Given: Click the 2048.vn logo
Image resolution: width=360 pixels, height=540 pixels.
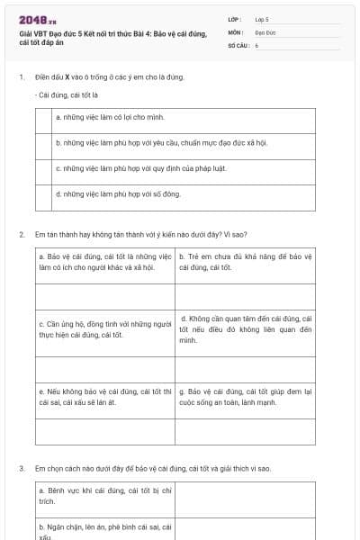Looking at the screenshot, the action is [37, 20].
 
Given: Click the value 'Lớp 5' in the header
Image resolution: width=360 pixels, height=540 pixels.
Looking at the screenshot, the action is [262, 19].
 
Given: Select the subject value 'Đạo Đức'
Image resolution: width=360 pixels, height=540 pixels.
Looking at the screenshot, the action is [265, 31].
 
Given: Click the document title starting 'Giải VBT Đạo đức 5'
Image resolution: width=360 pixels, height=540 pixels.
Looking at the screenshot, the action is [112, 38].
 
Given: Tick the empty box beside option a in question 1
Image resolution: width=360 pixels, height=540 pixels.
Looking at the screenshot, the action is [44, 117].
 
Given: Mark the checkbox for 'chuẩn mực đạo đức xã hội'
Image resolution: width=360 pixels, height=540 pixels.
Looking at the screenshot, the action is [44, 142].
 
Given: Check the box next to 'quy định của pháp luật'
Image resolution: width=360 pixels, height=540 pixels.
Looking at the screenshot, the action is [44, 167].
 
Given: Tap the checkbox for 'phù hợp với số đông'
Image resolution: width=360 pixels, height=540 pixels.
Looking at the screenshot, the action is [44, 193].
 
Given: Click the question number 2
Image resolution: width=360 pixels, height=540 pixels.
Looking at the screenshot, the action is [21, 234].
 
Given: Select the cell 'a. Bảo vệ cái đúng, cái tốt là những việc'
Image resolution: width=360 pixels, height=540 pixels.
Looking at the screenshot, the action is [104, 262].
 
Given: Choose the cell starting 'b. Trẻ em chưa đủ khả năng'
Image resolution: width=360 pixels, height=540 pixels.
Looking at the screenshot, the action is [245, 262].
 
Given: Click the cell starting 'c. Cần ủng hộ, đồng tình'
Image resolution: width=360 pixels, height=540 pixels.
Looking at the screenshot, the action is [104, 329].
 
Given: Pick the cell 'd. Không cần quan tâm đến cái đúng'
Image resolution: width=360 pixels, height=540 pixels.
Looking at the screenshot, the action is [245, 329].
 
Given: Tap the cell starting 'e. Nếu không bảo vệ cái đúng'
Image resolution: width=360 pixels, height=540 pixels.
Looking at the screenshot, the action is [104, 397].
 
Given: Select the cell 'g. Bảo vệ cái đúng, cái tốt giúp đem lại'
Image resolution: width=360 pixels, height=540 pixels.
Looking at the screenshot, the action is [245, 397].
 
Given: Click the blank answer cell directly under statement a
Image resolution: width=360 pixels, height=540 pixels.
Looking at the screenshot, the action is [104, 295].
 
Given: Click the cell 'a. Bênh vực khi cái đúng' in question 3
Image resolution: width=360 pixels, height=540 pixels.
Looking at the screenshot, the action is [104, 493].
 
